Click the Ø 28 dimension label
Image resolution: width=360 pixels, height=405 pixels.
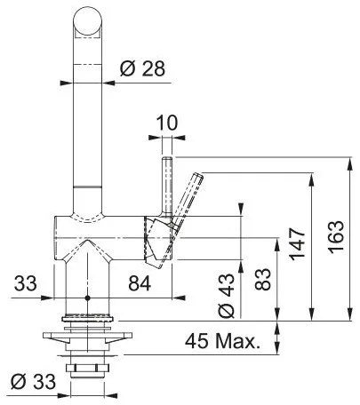click(142, 68)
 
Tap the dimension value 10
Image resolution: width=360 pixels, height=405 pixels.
click(167, 123)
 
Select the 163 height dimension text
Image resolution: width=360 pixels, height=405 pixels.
click(336, 237)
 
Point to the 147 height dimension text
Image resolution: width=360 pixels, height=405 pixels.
click(297, 243)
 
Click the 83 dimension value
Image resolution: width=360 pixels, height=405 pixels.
click(262, 279)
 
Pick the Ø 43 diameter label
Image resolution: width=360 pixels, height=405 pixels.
click(227, 296)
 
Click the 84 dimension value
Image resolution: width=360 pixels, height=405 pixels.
click(140, 283)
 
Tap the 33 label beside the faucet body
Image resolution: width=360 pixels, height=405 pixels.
click(26, 283)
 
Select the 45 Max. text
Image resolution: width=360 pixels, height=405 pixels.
click(222, 341)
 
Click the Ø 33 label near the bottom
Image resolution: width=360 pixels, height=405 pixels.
click(33, 381)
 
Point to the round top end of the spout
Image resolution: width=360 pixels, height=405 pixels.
click(87, 20)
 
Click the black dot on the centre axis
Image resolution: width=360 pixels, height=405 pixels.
click(87, 298)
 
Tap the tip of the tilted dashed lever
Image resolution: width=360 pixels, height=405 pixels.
click(199, 175)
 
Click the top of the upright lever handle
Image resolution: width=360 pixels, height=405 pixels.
click(167, 158)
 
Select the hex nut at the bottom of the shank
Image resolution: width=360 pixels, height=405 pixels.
click(87, 369)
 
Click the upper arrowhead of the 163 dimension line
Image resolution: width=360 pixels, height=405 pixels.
click(350, 163)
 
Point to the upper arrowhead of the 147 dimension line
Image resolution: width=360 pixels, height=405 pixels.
click(311, 179)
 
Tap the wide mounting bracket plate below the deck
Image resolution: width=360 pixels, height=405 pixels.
click(87, 336)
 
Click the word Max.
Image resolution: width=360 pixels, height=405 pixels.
click(238, 341)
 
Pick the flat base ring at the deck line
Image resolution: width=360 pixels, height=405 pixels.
click(87, 319)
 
